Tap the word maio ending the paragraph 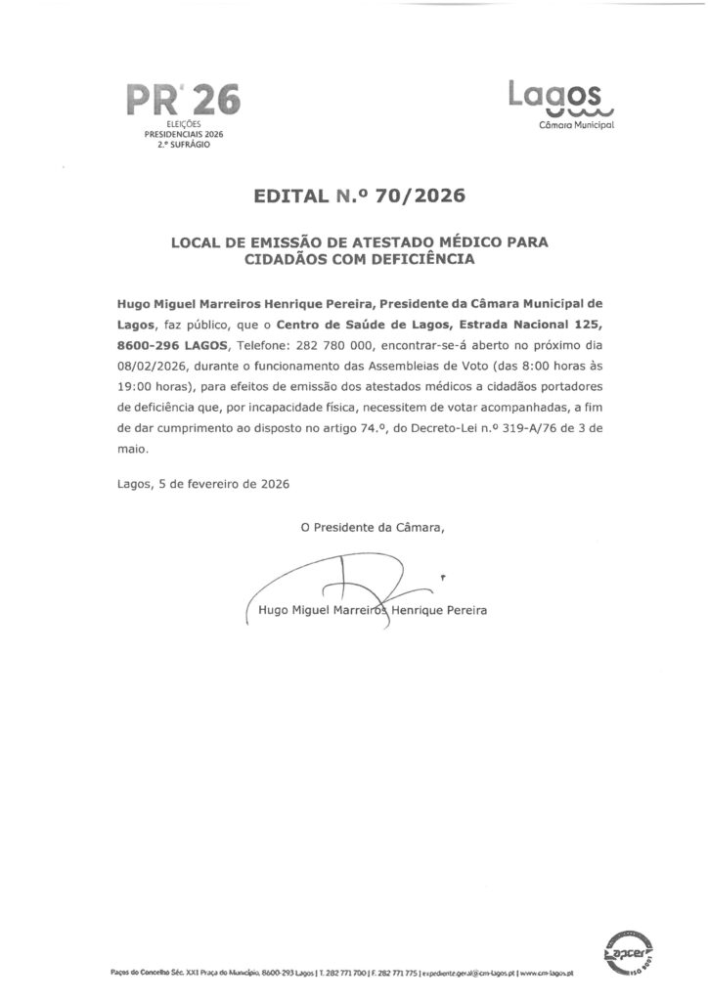coord(131,450)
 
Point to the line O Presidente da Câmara coord(373,529)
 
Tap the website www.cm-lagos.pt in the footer coord(546,975)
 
